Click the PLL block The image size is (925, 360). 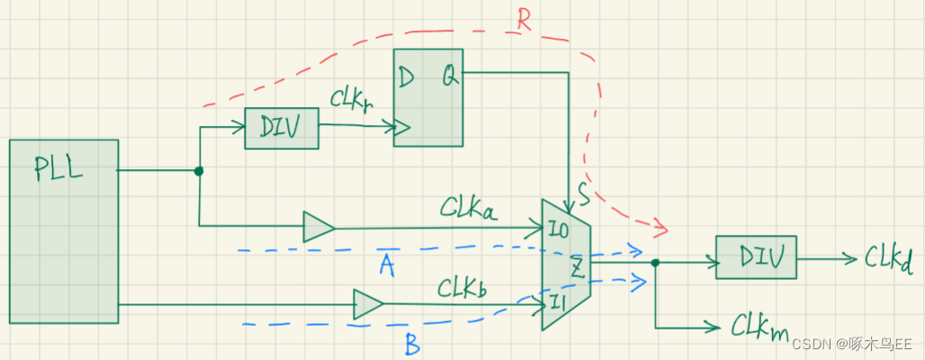click(64, 230)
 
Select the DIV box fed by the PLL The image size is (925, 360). click(282, 129)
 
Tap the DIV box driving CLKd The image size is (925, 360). click(756, 256)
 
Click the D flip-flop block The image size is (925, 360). click(427, 98)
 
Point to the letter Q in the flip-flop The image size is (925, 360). click(447, 77)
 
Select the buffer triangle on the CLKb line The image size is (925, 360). click(368, 304)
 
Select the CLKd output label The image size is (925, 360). click(888, 258)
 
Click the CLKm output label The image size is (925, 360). click(759, 326)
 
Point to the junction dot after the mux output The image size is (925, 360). click(655, 263)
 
